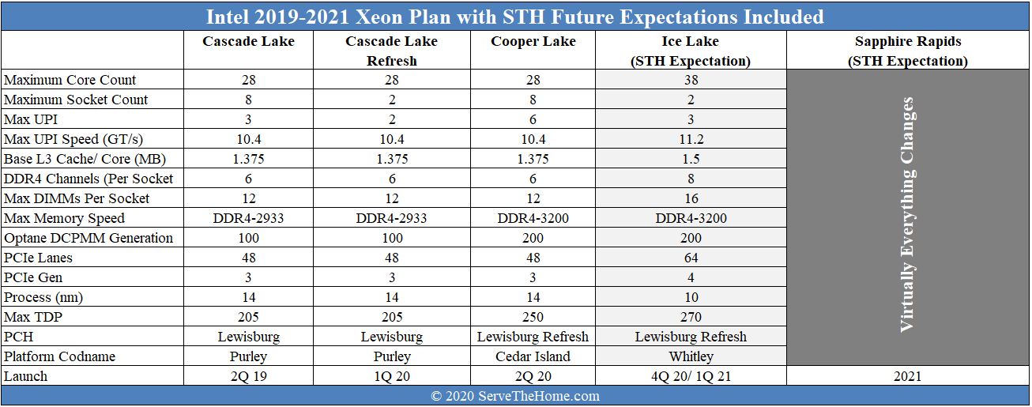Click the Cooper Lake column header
point(533,42)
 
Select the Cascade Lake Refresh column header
point(391,51)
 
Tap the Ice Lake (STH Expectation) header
point(691,51)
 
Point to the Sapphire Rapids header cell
point(907,51)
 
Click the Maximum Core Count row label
point(70,80)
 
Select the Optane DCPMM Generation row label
point(89,238)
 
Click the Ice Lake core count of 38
point(691,80)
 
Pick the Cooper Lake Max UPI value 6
point(533,119)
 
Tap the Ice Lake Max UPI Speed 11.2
point(691,139)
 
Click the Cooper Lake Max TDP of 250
point(533,317)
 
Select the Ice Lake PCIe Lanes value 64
point(691,258)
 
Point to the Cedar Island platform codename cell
point(533,356)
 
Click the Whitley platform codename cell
point(691,356)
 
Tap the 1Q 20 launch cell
point(391,376)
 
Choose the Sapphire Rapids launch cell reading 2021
point(907,376)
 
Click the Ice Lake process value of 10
point(691,297)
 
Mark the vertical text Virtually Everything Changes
point(907,214)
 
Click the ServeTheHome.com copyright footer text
point(515,396)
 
